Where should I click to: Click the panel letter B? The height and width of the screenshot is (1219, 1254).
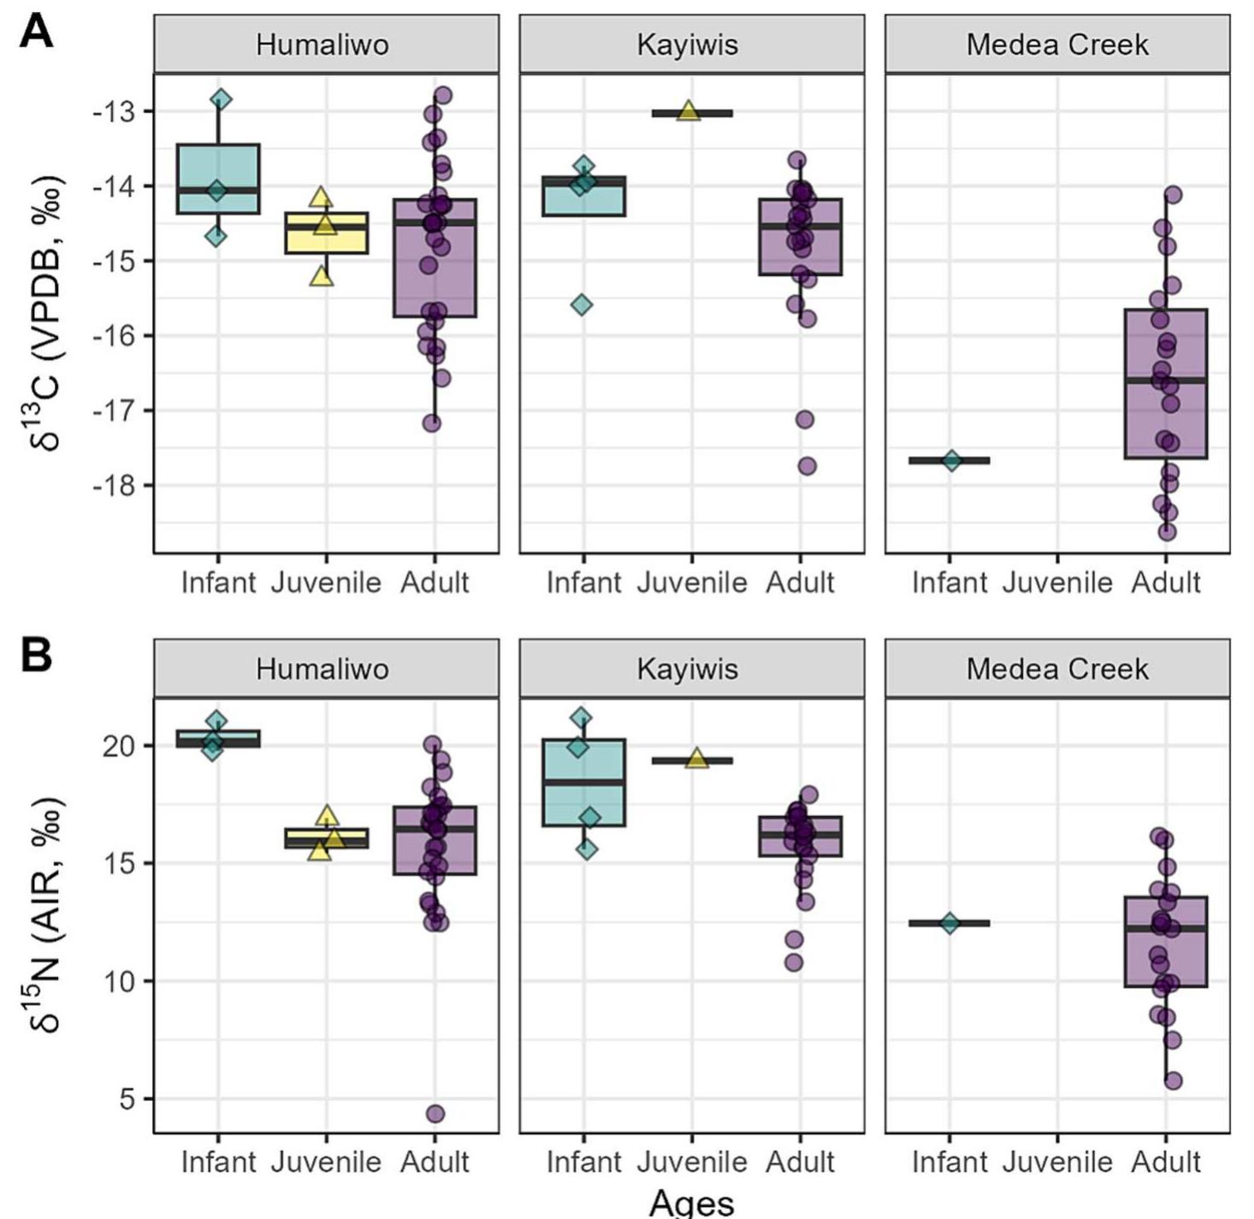(x=36, y=656)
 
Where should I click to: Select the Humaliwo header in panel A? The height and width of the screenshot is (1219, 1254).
(x=322, y=44)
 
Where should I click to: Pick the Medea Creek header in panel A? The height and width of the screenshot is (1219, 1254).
(x=1057, y=44)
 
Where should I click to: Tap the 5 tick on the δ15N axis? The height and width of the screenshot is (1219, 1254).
(x=127, y=1098)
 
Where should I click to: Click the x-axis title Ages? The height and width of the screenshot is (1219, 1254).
(x=691, y=1202)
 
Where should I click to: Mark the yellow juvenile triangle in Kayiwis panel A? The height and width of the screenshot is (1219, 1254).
(x=689, y=111)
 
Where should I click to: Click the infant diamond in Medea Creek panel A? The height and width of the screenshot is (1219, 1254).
(x=951, y=460)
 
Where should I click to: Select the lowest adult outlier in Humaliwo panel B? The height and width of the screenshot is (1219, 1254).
(x=435, y=1114)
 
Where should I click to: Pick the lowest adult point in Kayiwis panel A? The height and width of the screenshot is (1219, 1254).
(x=807, y=466)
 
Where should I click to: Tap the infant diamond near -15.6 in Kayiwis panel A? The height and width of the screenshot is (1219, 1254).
(x=582, y=305)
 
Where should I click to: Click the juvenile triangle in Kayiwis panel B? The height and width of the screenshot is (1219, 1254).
(x=697, y=759)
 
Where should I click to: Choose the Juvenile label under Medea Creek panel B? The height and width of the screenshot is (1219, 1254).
(x=1057, y=1162)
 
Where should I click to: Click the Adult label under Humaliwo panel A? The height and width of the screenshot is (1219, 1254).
(x=435, y=583)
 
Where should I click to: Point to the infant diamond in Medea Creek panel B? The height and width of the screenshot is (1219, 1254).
(x=949, y=923)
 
